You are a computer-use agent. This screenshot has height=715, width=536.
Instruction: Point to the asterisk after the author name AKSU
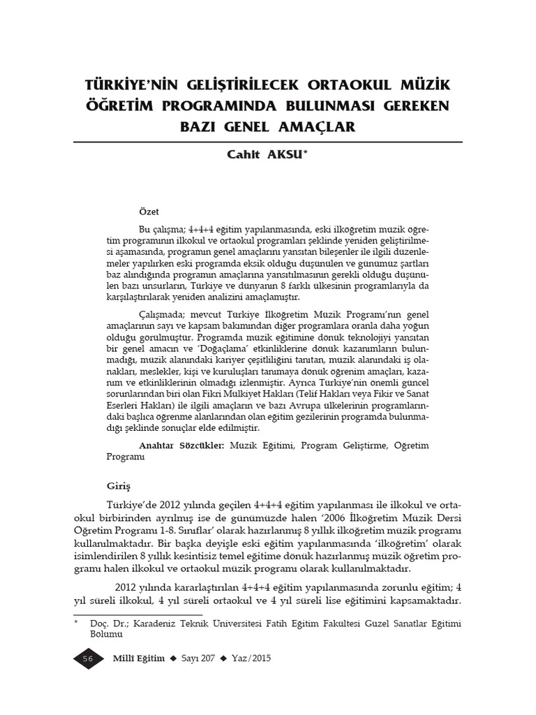point(305,154)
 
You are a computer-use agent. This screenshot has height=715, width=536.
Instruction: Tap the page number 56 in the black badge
point(88,659)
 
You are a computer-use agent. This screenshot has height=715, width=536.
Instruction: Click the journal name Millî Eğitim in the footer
point(138,659)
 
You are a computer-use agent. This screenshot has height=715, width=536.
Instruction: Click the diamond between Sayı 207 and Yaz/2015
point(224,659)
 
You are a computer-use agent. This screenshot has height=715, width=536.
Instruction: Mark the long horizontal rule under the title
point(268,142)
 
